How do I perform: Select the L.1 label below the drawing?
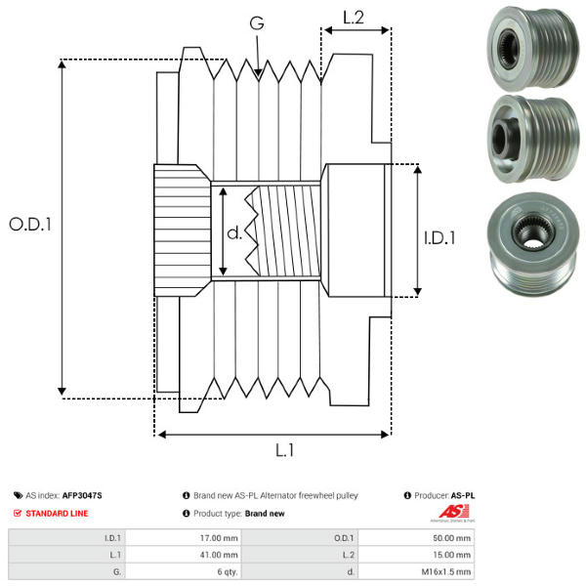tap(284, 451)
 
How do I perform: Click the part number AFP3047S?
tap(82, 495)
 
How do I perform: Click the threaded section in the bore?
tap(283, 231)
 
